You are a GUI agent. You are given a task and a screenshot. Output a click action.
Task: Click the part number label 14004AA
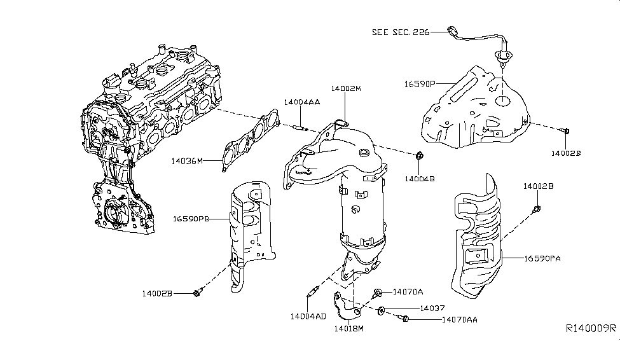click(x=301, y=102)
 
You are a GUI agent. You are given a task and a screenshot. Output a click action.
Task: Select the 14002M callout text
click(x=345, y=89)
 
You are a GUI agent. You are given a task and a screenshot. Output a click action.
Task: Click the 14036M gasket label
click(x=187, y=162)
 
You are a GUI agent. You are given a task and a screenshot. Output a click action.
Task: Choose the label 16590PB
click(x=191, y=219)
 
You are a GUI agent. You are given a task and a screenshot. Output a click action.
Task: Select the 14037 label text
click(x=432, y=308)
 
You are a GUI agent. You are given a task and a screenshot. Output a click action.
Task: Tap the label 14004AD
click(x=309, y=316)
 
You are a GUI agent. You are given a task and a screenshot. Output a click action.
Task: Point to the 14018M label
click(x=348, y=329)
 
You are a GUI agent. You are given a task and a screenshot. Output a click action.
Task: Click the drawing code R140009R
click(x=591, y=329)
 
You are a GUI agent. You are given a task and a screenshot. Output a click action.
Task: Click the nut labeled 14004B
click(x=419, y=155)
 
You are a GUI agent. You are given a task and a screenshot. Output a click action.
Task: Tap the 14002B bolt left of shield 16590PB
click(x=196, y=292)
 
